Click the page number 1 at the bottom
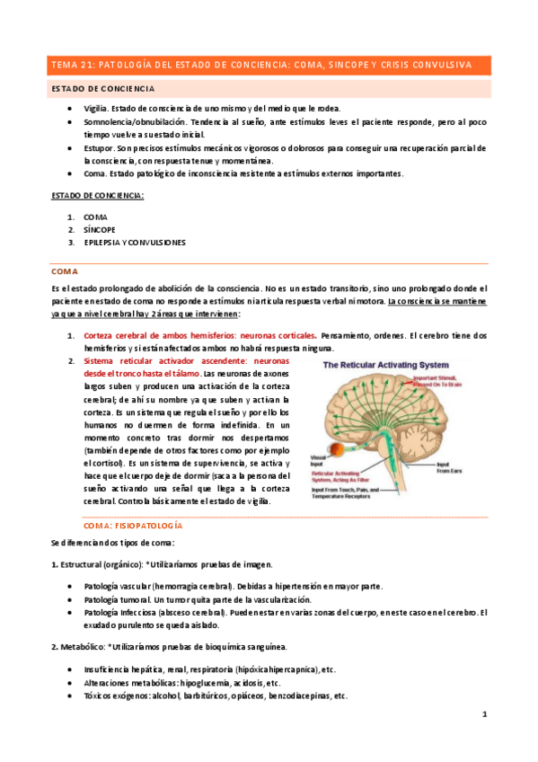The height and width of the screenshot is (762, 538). pos(484,714)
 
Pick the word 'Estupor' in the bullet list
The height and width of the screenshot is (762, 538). pos(98,146)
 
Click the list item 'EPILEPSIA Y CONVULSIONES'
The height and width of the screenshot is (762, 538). pos(135,243)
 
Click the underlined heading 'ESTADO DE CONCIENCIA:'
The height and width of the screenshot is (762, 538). pos(98,195)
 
